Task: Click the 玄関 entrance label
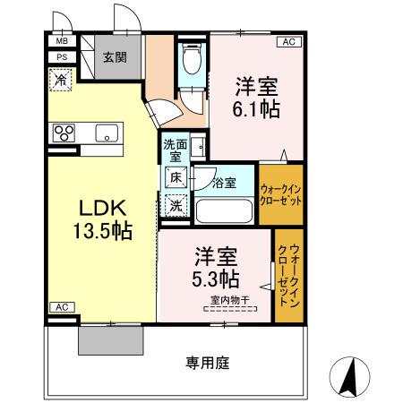[114, 58]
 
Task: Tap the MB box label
[62, 41]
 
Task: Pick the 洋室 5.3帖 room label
[216, 266]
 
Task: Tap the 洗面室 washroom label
[174, 150]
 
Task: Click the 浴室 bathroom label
[224, 184]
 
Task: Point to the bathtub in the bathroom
[224, 212]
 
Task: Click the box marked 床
[176, 176]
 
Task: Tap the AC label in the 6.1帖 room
[288, 41]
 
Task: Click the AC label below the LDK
[62, 307]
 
